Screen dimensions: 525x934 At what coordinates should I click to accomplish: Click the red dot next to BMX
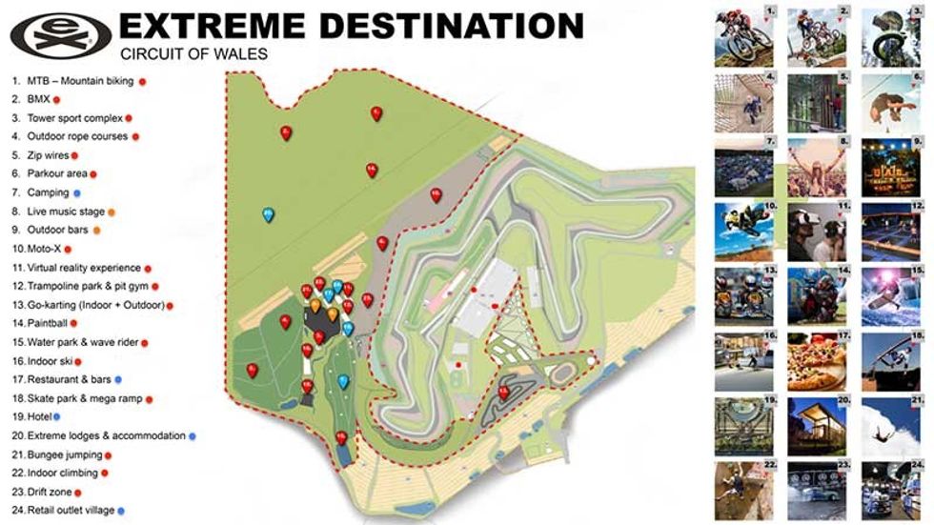pyautogui.click(x=56, y=99)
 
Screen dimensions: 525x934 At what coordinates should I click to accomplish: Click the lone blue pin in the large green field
pyautogui.click(x=269, y=213)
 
